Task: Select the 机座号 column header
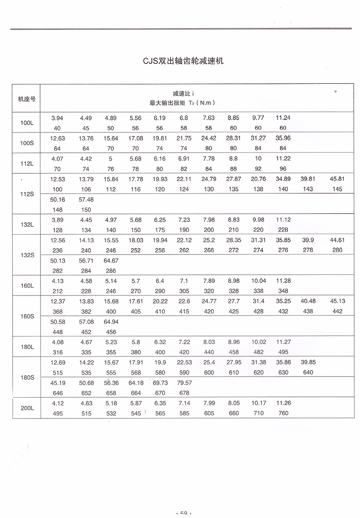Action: [27, 98]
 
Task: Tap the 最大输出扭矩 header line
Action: [182, 103]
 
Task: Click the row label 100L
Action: [27, 123]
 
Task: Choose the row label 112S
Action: [27, 194]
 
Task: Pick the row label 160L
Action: [27, 285]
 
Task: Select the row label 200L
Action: [27, 408]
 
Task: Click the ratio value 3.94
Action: [57, 118]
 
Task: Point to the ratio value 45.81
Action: [337, 179]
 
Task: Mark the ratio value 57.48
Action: [85, 199]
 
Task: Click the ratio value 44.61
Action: [337, 240]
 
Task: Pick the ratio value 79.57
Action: [184, 383]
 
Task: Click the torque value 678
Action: [184, 393]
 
